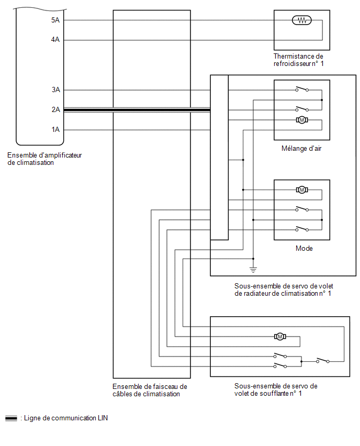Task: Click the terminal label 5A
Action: click(55, 20)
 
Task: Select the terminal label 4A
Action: click(55, 40)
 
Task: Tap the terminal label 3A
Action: click(56, 90)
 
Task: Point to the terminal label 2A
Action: click(56, 109)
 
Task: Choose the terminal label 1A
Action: click(56, 129)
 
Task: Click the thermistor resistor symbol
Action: click(302, 20)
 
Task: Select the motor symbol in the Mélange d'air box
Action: click(302, 120)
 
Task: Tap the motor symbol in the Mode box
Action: click(302, 189)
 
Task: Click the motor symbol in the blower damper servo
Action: click(280, 337)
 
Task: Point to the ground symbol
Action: click(253, 270)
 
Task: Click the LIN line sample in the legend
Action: click(11, 418)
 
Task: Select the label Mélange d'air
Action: click(301, 149)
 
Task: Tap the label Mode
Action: click(304, 248)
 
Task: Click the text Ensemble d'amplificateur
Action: click(44, 155)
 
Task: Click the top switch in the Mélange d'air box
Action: click(302, 89)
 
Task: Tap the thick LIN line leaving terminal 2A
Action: click(137, 110)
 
